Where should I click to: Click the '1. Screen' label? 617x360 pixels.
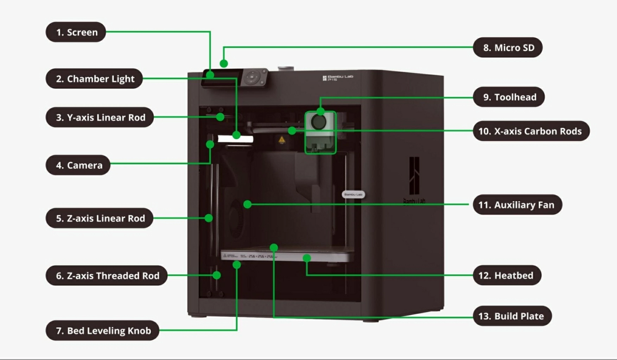(76, 32)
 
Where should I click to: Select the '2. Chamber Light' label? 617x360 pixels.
(94, 78)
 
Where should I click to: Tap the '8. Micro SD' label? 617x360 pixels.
(508, 47)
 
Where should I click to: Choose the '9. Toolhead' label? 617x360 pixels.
(509, 97)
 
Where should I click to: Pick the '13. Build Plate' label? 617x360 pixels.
(512, 316)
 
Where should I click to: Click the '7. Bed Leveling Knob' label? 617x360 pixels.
(102, 330)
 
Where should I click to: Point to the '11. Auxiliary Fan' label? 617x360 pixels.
(517, 205)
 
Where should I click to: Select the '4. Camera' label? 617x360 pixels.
(78, 165)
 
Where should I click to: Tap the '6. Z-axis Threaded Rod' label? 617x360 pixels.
(107, 276)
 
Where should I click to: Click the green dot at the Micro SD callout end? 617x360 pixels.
(224, 64)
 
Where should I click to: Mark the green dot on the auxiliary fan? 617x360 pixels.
(247, 204)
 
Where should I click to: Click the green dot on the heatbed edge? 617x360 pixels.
(307, 258)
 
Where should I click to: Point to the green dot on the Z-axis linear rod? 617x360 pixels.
(209, 218)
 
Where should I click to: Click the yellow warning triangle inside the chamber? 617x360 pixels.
(282, 140)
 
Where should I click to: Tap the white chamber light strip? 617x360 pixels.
(235, 139)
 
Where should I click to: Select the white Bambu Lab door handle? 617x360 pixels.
(353, 194)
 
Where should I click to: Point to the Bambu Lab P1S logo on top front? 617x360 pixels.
(338, 78)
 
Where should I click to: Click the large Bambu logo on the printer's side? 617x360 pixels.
(414, 176)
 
